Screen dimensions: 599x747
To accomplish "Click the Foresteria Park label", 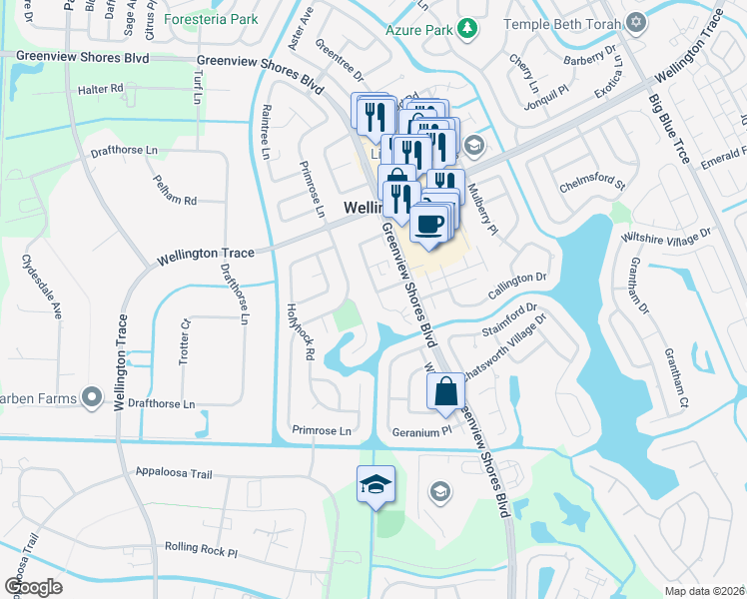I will click(x=212, y=19).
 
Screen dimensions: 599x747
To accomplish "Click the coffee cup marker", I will click(x=429, y=224).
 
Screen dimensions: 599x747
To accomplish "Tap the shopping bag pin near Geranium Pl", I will click(x=446, y=391).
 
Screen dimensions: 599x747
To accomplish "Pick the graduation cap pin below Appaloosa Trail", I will click(x=375, y=485).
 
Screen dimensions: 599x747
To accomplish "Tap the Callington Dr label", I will click(x=518, y=285).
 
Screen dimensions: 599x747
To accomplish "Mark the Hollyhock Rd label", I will click(x=301, y=331).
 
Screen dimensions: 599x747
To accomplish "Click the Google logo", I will click(x=34, y=587).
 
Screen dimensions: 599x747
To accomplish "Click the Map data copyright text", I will click(x=703, y=591).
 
